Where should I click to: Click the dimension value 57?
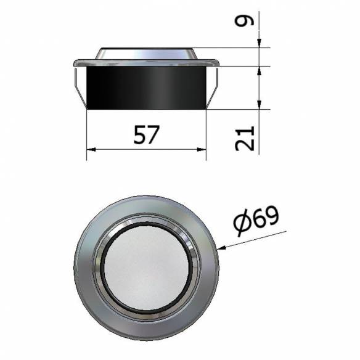[x=146, y=134]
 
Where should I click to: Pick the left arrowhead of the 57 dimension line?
[x=91, y=149]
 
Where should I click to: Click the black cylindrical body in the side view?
[x=146, y=87]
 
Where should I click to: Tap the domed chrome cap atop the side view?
[x=146, y=52]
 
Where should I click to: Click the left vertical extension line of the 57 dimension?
[x=87, y=133]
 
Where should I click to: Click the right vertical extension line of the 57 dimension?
[x=205, y=133]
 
